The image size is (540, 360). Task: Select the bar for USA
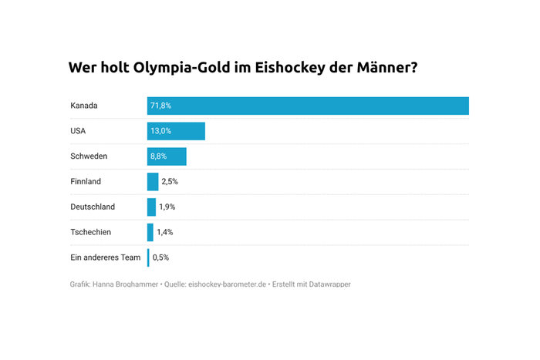pos(176,131)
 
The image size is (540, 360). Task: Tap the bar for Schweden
pos(167,156)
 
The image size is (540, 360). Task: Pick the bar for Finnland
pos(153,182)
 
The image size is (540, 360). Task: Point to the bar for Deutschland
pos(151,207)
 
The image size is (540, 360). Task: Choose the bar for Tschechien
pos(150,232)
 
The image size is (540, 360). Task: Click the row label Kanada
pos(83,106)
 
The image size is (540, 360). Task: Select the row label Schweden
pos(89,156)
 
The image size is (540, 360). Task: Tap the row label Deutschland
pos(93,207)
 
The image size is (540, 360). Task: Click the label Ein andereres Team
pos(105,257)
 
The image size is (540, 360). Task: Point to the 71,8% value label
pos(160,106)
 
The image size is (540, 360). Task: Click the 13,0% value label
pos(160,131)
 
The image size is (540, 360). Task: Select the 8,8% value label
pos(159,156)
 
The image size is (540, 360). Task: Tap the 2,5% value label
pos(170,182)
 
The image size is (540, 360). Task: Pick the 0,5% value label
pos(161,257)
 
